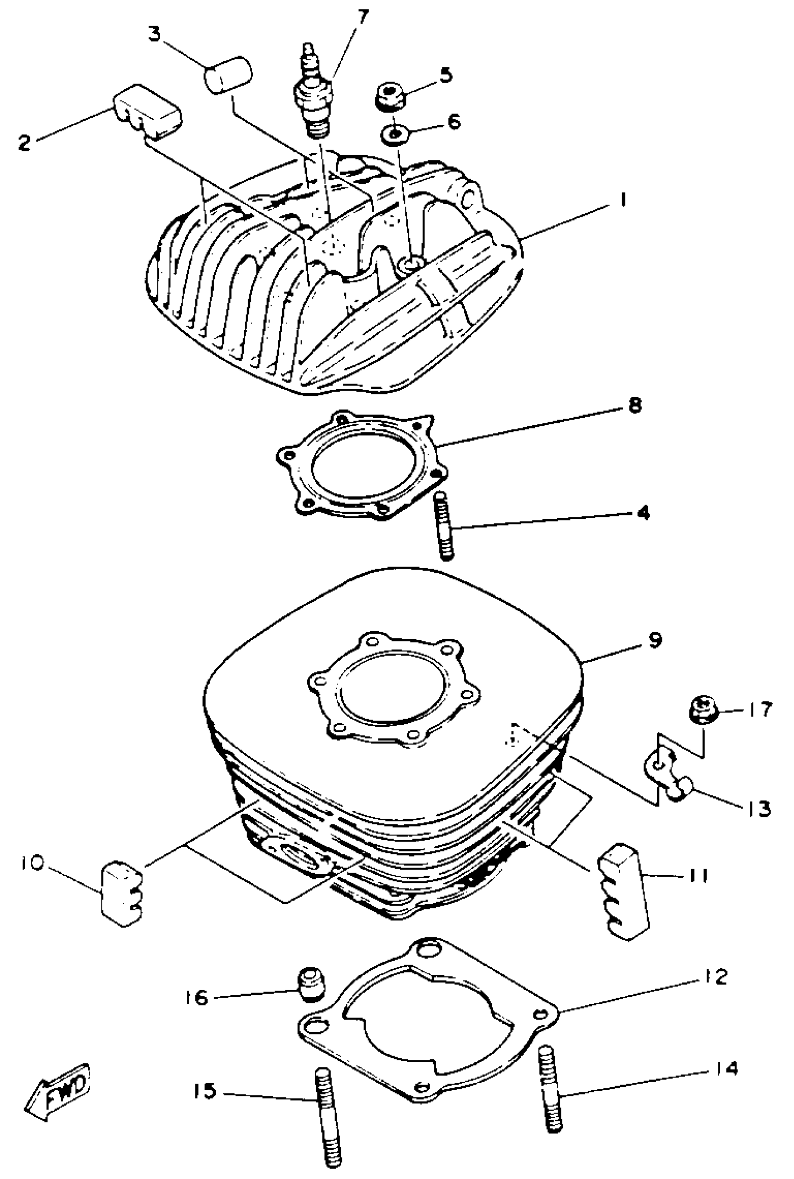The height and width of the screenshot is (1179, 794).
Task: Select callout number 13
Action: (x=758, y=808)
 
